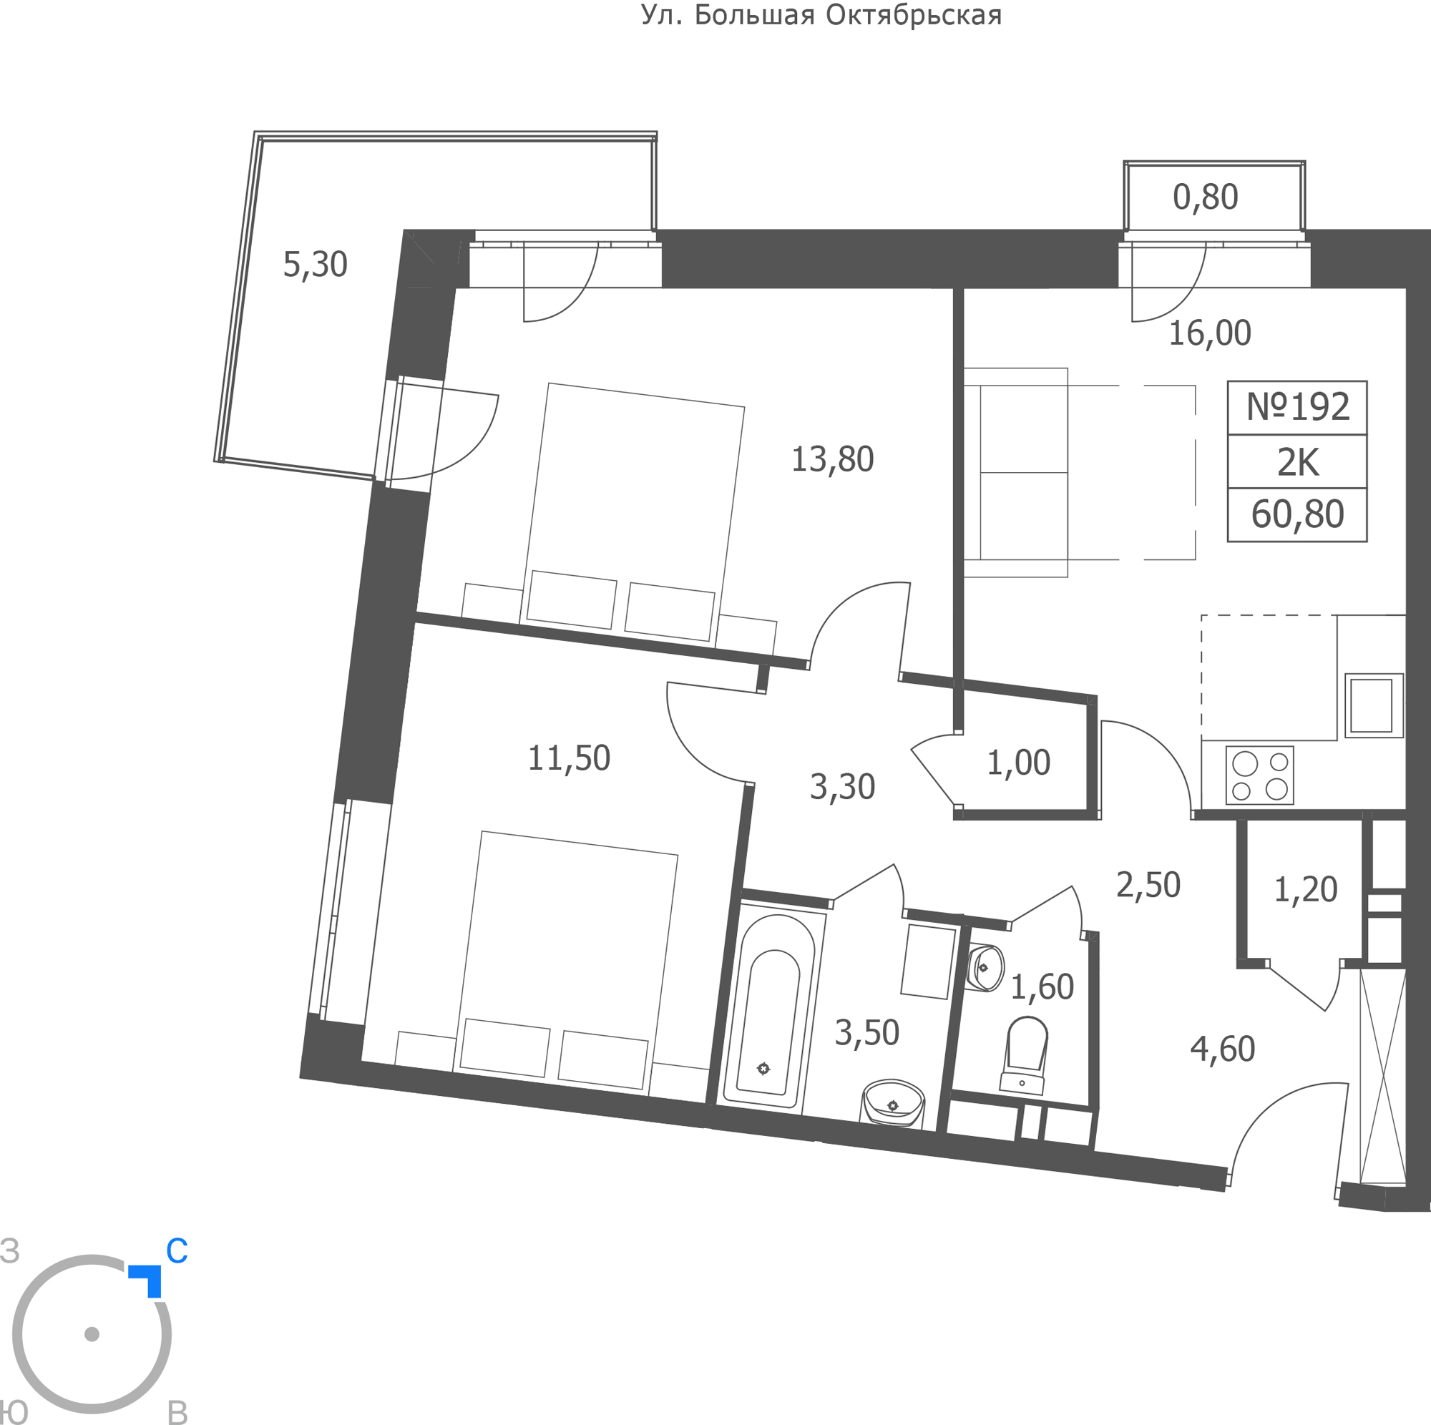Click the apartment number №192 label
1298,406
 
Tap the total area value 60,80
1298,514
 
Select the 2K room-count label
1298,462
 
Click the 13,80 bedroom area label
833,459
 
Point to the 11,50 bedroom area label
569,758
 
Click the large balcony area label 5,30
316,265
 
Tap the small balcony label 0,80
1206,197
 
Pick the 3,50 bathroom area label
867,1032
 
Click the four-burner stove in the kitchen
1260,775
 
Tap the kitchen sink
1374,706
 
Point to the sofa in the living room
1015,473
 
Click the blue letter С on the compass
177,1251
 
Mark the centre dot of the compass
92,1334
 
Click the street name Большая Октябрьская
848,16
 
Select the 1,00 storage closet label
1018,763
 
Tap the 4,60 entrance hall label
1223,1049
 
